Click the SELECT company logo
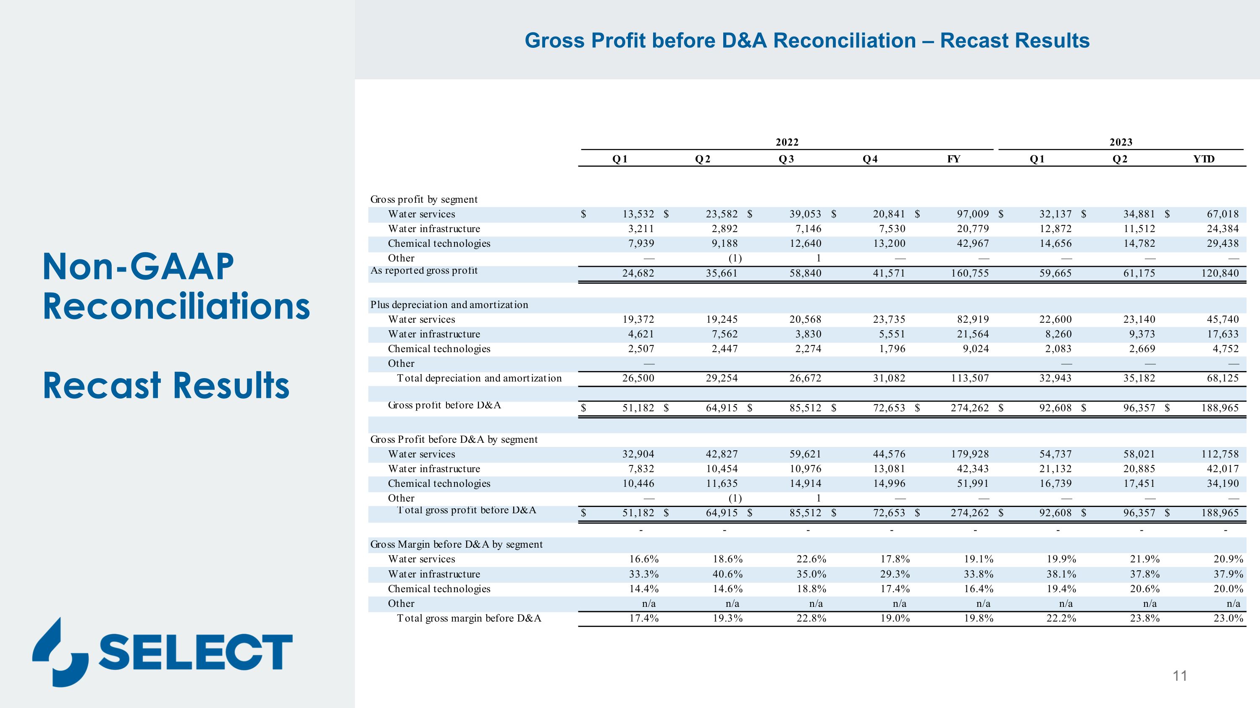[x=163, y=652]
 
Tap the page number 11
[x=1180, y=676]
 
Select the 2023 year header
[x=1121, y=142]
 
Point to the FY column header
[x=953, y=159]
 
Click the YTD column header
[x=1203, y=159]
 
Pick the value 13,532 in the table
[x=638, y=214]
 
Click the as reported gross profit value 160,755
[x=969, y=273]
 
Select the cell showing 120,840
[x=1220, y=273]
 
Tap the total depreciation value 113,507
[x=969, y=378]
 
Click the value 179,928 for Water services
[x=969, y=454]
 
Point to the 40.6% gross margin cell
[x=727, y=574]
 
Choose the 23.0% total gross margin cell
[x=1228, y=618]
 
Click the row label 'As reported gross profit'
[x=424, y=271]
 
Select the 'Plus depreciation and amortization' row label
[x=449, y=305]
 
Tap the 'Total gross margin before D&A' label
[x=469, y=618]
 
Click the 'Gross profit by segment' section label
[x=424, y=199]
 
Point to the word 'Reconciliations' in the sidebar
[x=176, y=306]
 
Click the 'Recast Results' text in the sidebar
[x=166, y=386]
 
